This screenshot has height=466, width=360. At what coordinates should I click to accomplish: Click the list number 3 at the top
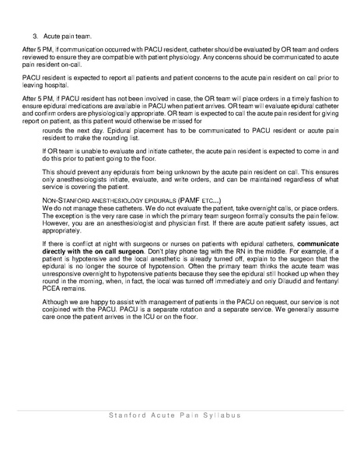pyautogui.click(x=35, y=36)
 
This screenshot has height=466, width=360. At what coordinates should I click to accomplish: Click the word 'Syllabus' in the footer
pyautogui.click(x=226, y=415)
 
